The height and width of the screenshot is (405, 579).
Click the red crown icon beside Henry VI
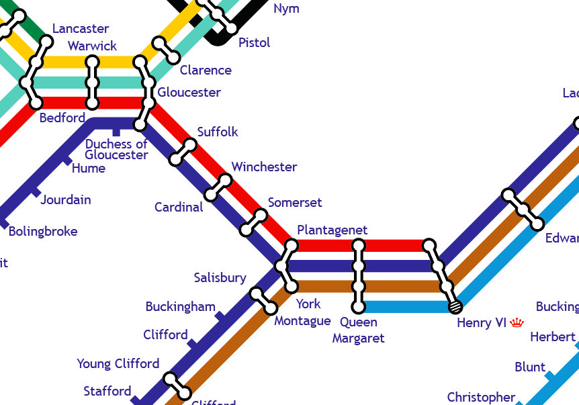pyautogui.click(x=517, y=323)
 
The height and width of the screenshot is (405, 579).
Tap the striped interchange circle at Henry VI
pyautogui.click(x=455, y=307)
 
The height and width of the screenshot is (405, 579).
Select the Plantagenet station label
pyautogui.click(x=332, y=230)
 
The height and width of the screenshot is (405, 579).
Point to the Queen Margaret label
pyautogui.click(x=358, y=330)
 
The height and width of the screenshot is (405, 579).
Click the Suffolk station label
pyautogui.click(x=218, y=132)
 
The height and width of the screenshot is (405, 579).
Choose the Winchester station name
pyautogui.click(x=264, y=167)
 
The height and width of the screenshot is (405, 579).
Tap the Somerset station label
pyautogui.click(x=295, y=202)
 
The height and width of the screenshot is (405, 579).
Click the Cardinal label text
pyautogui.click(x=179, y=207)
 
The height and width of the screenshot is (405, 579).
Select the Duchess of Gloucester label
pyautogui.click(x=116, y=149)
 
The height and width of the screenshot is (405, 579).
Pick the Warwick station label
pyautogui.click(x=92, y=46)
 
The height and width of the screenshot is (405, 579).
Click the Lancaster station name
pyautogui.click(x=81, y=28)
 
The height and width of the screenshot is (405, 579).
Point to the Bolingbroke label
pyautogui.click(x=43, y=232)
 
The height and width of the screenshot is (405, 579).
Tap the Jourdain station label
pyautogui.click(x=66, y=199)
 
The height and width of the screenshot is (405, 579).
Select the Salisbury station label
pyautogui.click(x=220, y=277)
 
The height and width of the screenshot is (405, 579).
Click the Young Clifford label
pyautogui.click(x=118, y=363)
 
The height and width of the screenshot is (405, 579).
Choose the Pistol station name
pyautogui.click(x=254, y=42)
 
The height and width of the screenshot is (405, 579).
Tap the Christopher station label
pyautogui.click(x=481, y=397)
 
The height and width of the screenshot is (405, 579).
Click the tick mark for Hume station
pyautogui.click(x=66, y=160)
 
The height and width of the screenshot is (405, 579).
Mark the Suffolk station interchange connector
pyautogui.click(x=183, y=152)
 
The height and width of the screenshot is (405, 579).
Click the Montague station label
pyautogui.click(x=302, y=320)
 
